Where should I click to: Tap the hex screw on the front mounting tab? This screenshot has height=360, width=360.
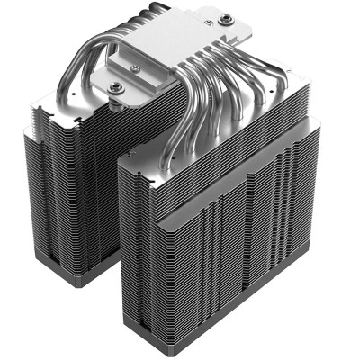117,87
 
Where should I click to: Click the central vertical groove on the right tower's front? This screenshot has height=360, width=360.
243,261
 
